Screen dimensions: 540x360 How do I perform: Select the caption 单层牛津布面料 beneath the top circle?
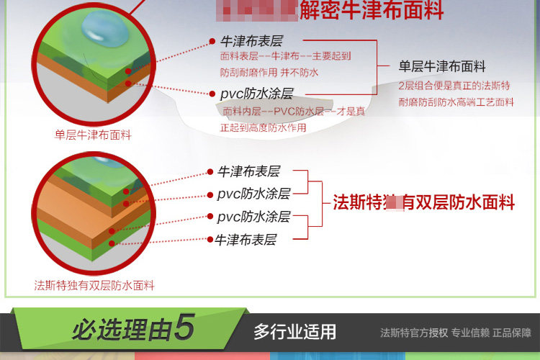(x=93, y=135)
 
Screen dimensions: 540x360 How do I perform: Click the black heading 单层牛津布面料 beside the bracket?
(x=442, y=67)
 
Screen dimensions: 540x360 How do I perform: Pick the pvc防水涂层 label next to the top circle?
(x=257, y=94)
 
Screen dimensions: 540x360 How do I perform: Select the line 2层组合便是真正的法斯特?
(x=454, y=86)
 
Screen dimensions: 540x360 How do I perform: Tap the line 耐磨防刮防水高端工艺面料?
(x=456, y=102)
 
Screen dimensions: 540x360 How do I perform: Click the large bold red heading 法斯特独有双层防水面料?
(x=423, y=203)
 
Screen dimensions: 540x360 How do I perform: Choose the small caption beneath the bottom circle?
(x=94, y=285)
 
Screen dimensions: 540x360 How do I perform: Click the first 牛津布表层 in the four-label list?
(x=248, y=171)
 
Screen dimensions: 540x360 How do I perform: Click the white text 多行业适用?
(x=294, y=332)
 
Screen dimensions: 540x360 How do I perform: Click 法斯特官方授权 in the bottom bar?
(x=414, y=333)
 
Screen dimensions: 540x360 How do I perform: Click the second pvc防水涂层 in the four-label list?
(x=253, y=217)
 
